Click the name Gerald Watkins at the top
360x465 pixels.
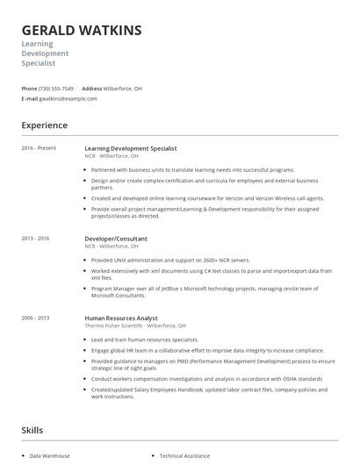tap(81, 31)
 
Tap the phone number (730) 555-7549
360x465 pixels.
tap(56, 89)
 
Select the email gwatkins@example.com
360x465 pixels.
tap(68, 99)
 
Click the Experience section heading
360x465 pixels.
tap(44, 125)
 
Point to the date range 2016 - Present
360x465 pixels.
tap(39, 148)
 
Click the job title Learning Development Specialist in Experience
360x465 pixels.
tap(131, 148)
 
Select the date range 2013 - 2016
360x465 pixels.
tap(36, 239)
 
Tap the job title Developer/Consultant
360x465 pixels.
tap(116, 239)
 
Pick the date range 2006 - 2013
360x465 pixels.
tap(36, 317)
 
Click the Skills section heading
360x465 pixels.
tap(33, 430)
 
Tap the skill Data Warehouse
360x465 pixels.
tap(49, 456)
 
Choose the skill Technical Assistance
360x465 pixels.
tap(184, 456)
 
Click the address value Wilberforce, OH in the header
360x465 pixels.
tap(123, 89)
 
